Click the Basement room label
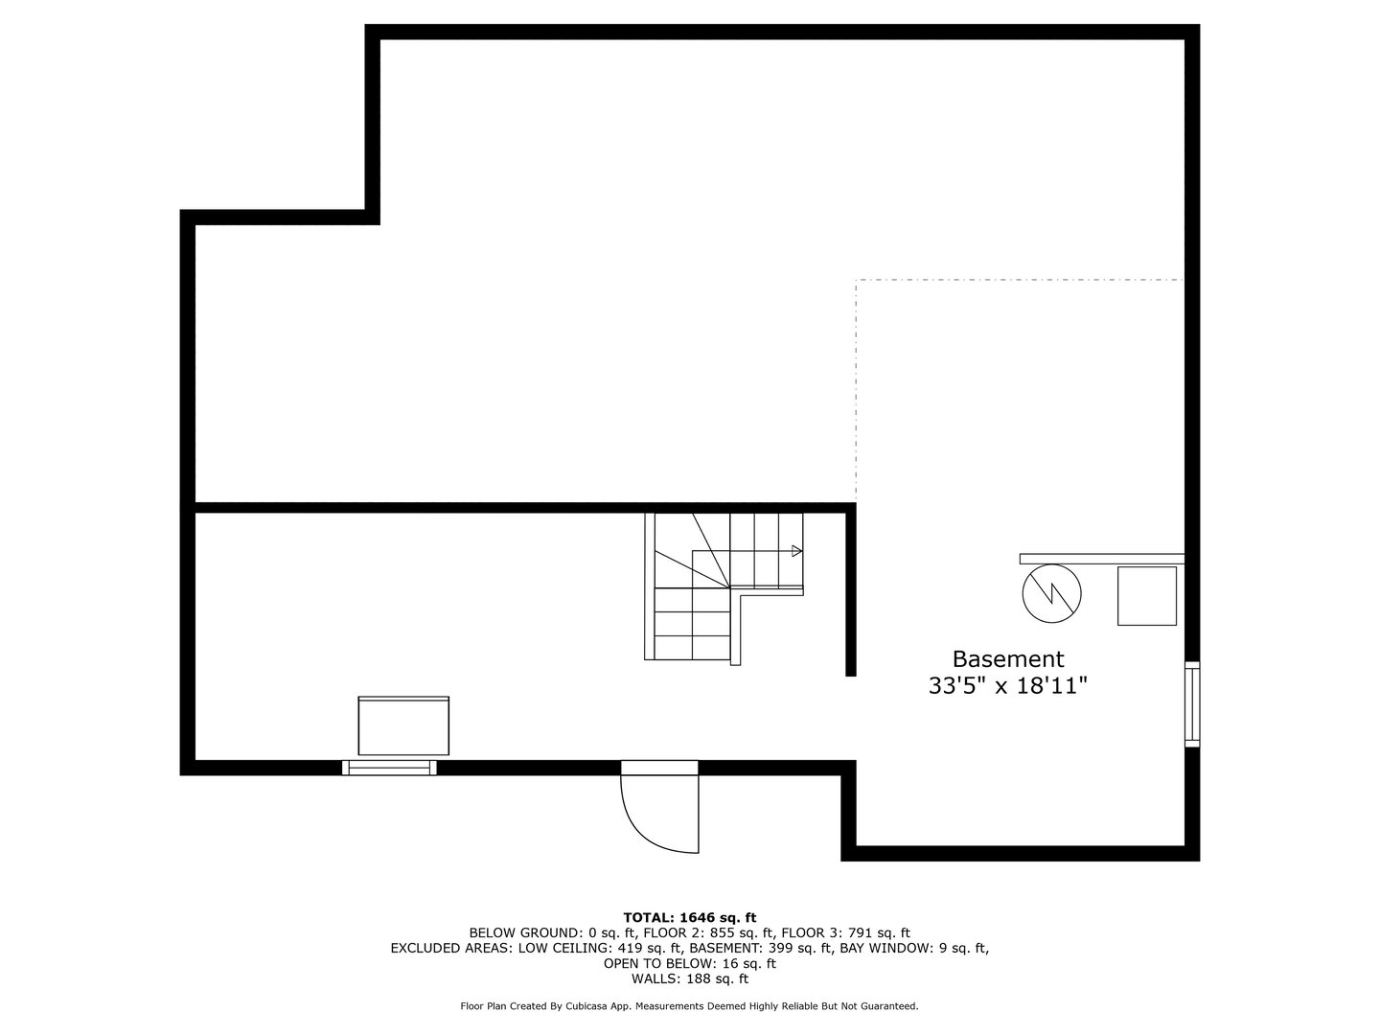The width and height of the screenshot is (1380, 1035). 1007,659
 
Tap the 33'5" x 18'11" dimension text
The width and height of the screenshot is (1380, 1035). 1007,686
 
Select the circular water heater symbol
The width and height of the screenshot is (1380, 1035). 1051,595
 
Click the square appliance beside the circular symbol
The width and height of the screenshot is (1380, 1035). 1147,595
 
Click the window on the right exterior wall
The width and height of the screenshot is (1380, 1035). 1191,703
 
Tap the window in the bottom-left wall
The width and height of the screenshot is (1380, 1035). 389,767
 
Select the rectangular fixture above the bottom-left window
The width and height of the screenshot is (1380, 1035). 403,726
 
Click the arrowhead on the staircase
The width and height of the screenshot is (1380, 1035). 796,551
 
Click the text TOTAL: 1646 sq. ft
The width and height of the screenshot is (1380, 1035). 689,917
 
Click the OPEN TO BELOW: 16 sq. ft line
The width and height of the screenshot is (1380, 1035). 689,963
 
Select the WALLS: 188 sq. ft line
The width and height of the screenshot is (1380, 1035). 689,978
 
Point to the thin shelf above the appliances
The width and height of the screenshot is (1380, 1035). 1101,558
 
